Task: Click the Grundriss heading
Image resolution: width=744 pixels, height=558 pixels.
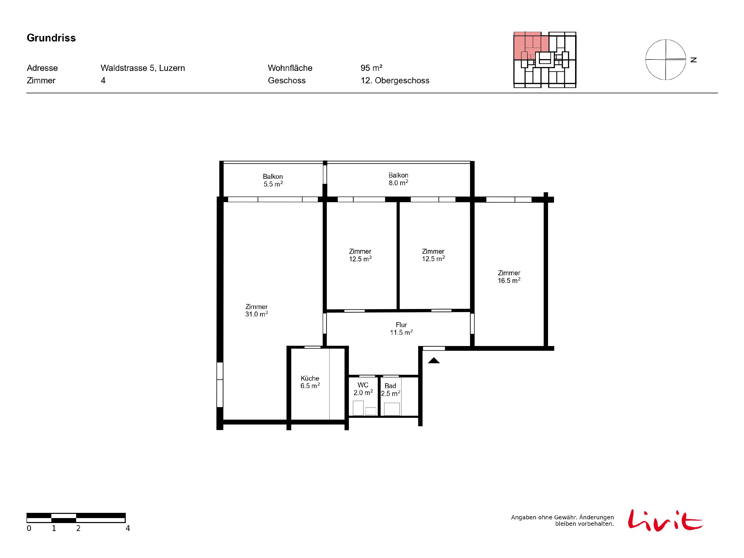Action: tap(51, 38)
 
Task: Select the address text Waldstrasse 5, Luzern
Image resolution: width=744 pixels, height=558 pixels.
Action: tap(143, 68)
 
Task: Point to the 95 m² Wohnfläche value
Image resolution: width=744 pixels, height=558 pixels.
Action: tap(371, 68)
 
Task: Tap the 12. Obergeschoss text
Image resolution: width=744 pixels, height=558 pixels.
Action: tap(395, 80)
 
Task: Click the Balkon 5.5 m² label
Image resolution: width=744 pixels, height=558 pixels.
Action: tap(273, 180)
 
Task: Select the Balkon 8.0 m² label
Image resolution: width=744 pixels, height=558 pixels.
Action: tap(398, 179)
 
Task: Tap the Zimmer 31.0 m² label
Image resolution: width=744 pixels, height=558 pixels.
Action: tap(256, 310)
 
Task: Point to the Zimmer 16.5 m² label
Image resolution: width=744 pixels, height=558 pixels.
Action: tap(509, 277)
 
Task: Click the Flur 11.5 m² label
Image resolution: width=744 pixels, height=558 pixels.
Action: tap(401, 329)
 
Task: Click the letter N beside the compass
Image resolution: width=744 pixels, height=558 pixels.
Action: tap(694, 60)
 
